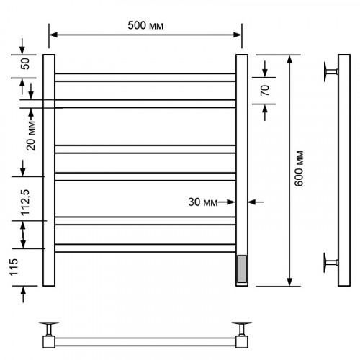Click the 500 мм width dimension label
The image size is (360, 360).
tap(145, 25)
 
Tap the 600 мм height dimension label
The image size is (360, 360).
tap(299, 168)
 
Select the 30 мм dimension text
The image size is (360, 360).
tap(203, 202)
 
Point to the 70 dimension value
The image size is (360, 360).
tap(265, 90)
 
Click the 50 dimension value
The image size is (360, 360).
tap(25, 63)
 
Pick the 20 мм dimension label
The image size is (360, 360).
tap(31, 136)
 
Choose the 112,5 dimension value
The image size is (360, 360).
tap(25, 202)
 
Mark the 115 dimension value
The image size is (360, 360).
tap(14, 267)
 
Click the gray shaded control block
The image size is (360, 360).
tap(242, 269)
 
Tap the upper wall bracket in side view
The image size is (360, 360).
tap(330, 71)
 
